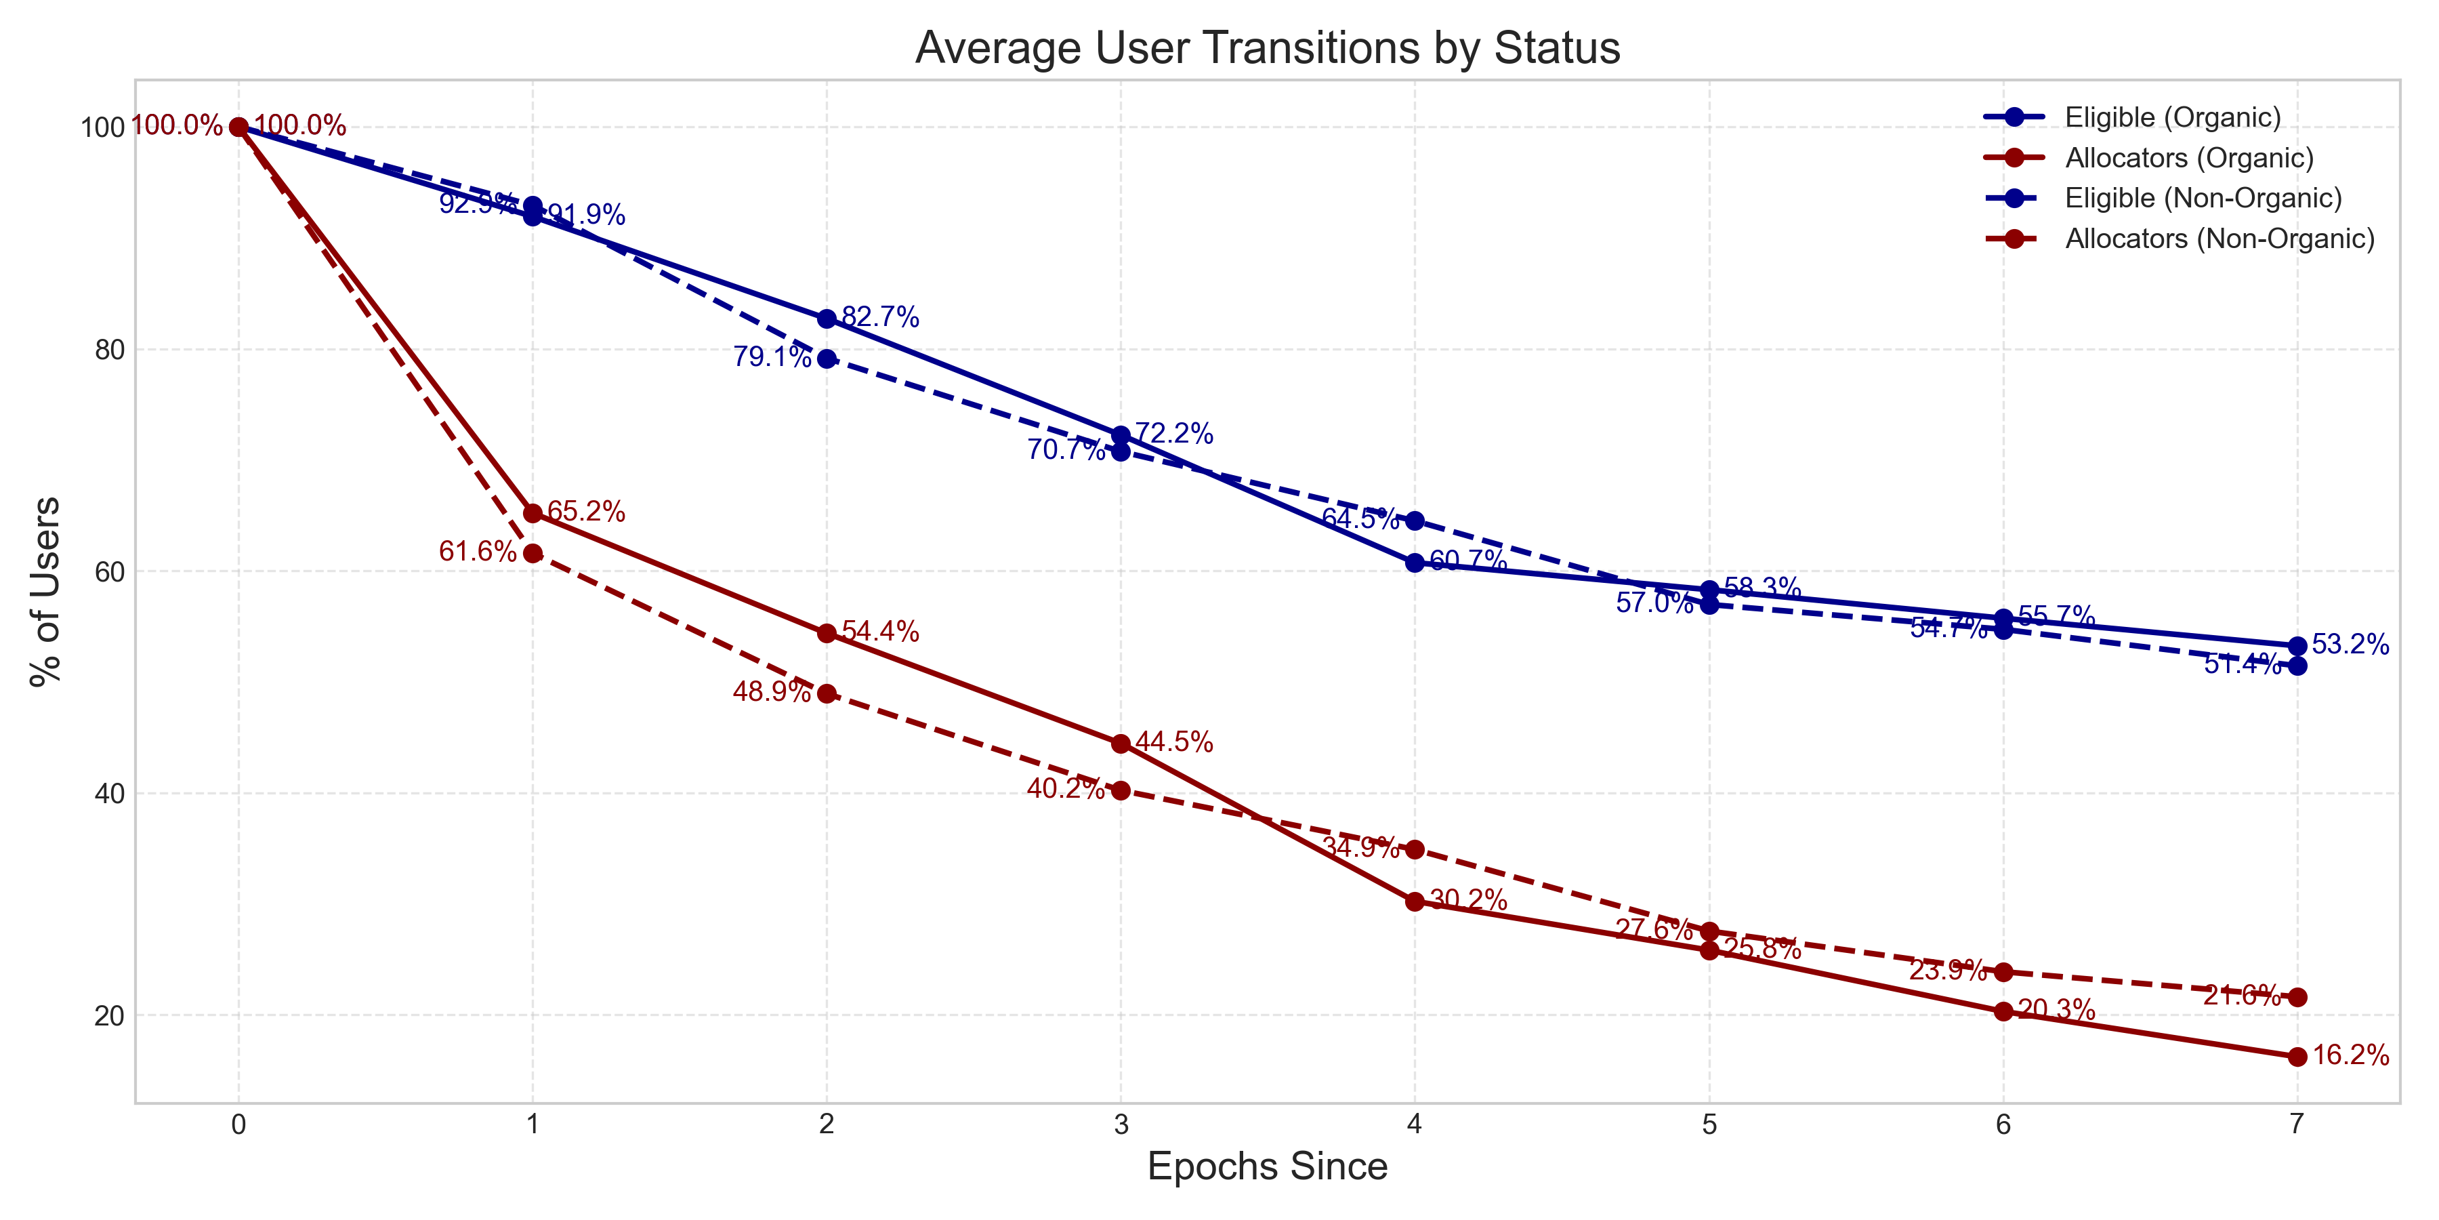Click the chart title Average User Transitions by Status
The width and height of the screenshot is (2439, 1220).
[1267, 47]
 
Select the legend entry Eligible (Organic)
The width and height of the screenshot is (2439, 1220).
[2172, 117]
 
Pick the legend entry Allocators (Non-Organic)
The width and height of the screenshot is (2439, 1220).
[2219, 239]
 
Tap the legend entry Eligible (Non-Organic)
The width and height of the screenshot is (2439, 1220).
[2203, 198]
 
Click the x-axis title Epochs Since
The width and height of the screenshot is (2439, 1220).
[1267, 1166]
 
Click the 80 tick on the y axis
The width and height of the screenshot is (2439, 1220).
[110, 350]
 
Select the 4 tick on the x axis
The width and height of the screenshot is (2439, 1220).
[1415, 1124]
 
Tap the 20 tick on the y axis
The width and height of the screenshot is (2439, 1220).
[110, 1015]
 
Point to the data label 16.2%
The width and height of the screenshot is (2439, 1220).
[2350, 1055]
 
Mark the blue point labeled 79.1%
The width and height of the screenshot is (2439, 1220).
[827, 359]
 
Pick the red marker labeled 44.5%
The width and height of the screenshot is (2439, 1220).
[1121, 744]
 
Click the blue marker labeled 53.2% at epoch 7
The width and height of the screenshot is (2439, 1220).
[2297, 646]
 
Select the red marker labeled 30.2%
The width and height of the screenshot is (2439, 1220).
[1415, 901]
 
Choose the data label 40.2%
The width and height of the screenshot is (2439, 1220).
[1065, 789]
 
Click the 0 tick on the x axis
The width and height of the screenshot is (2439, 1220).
[238, 1124]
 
